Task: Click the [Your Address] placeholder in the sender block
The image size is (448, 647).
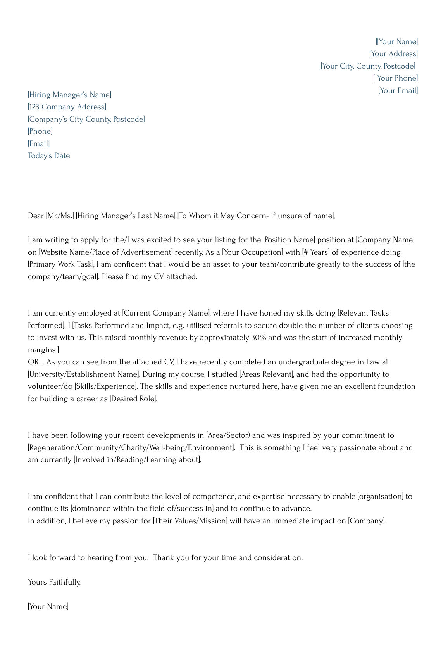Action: point(393,54)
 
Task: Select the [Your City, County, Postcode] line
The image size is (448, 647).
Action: point(368,66)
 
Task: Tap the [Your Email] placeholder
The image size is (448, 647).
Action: point(398,91)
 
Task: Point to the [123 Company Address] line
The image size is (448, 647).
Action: point(67,107)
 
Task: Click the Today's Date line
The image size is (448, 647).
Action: point(49,156)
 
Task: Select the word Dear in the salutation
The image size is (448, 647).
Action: point(36,216)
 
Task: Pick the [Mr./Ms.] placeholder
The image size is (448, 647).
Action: point(60,216)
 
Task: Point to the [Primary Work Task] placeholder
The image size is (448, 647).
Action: point(61,265)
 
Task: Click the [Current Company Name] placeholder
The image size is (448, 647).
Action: point(166,313)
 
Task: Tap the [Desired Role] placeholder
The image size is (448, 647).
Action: point(134,399)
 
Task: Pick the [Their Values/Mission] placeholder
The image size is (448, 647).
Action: point(190,521)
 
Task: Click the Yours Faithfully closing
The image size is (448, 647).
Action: point(54,582)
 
